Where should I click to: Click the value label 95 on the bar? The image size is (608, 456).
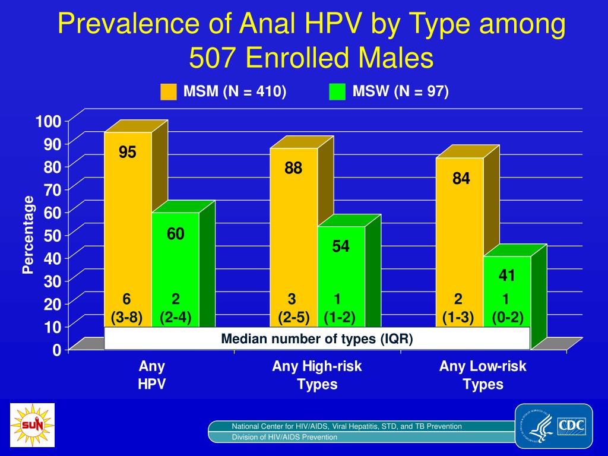point(127,153)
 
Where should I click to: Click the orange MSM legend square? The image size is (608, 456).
point(169,92)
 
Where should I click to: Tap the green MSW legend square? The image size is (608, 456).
point(337,92)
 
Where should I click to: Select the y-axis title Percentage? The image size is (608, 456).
point(28,235)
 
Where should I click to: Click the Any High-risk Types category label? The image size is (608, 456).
point(317,375)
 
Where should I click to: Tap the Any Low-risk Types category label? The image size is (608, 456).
point(483,375)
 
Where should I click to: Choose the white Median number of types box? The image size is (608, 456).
point(317,338)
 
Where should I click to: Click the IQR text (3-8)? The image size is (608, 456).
point(126,318)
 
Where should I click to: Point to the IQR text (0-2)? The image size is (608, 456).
point(507,318)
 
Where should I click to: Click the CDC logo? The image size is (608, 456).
point(553,425)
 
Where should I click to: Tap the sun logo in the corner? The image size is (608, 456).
point(32,425)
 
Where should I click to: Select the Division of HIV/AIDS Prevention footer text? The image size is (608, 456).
point(284,437)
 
